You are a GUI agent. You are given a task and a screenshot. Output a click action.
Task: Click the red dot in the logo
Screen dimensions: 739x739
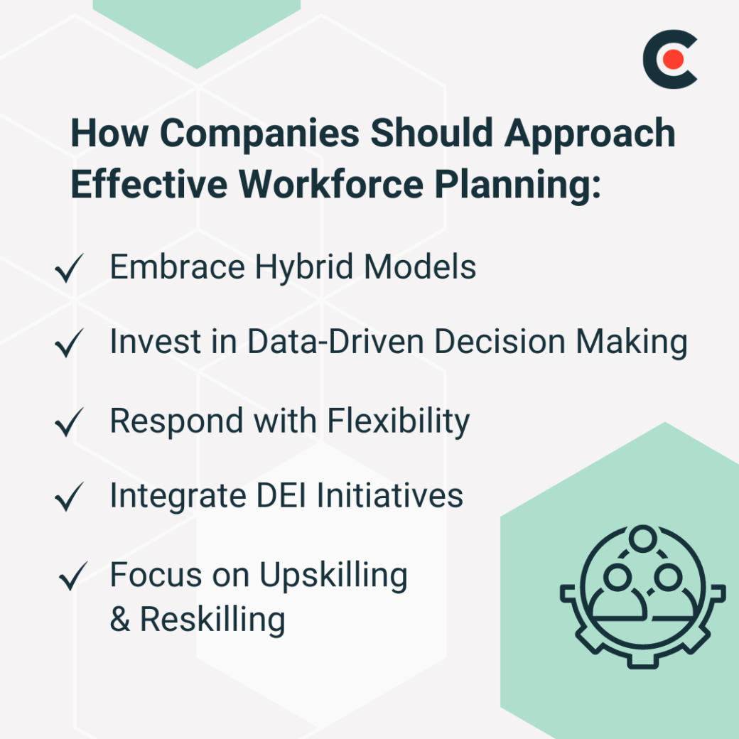tap(674, 60)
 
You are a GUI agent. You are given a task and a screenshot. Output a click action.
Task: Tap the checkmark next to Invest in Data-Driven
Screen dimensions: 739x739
tap(70, 345)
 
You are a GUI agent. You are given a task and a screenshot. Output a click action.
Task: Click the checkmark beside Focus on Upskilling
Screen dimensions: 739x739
tap(73, 576)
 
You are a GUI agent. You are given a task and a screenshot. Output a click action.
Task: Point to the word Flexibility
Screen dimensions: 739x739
tap(398, 421)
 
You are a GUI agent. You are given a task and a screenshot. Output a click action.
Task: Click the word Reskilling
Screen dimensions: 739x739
tap(212, 619)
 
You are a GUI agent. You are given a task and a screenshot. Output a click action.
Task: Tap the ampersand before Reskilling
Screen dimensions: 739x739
tap(120, 620)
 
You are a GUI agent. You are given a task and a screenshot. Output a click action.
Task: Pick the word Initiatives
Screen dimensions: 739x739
tap(389, 495)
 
